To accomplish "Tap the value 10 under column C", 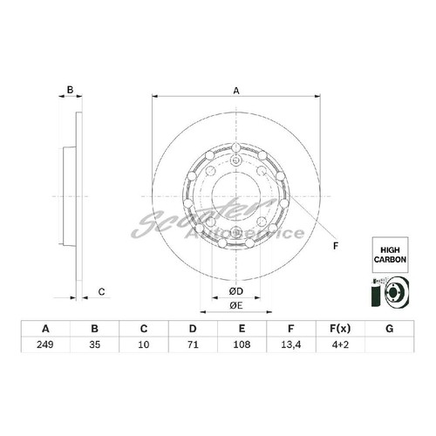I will tap(144, 345).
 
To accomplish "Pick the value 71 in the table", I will tap(194, 345).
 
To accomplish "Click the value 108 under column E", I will tap(243, 345).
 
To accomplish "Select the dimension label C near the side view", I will tap(101, 291).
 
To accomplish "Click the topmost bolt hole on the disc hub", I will tap(237, 160).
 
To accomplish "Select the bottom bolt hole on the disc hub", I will tap(237, 231).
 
